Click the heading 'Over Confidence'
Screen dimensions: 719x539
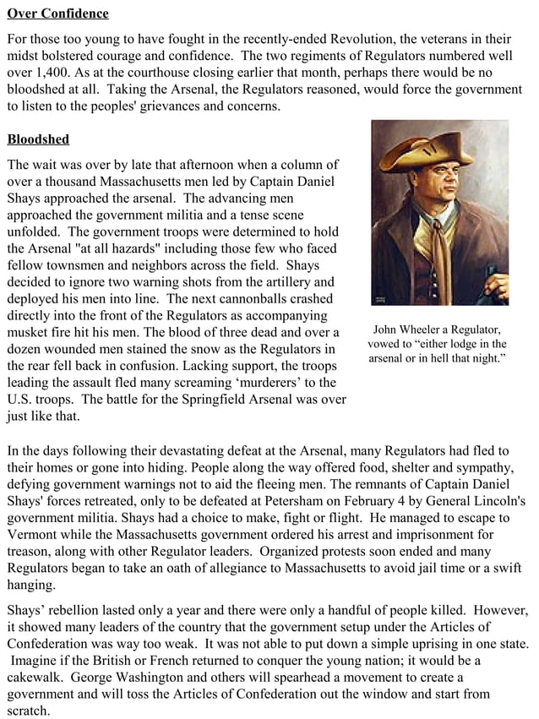(57, 14)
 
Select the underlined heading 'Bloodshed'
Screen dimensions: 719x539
(38, 139)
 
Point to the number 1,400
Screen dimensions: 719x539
(58, 74)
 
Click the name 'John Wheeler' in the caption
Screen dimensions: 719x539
(411, 329)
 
